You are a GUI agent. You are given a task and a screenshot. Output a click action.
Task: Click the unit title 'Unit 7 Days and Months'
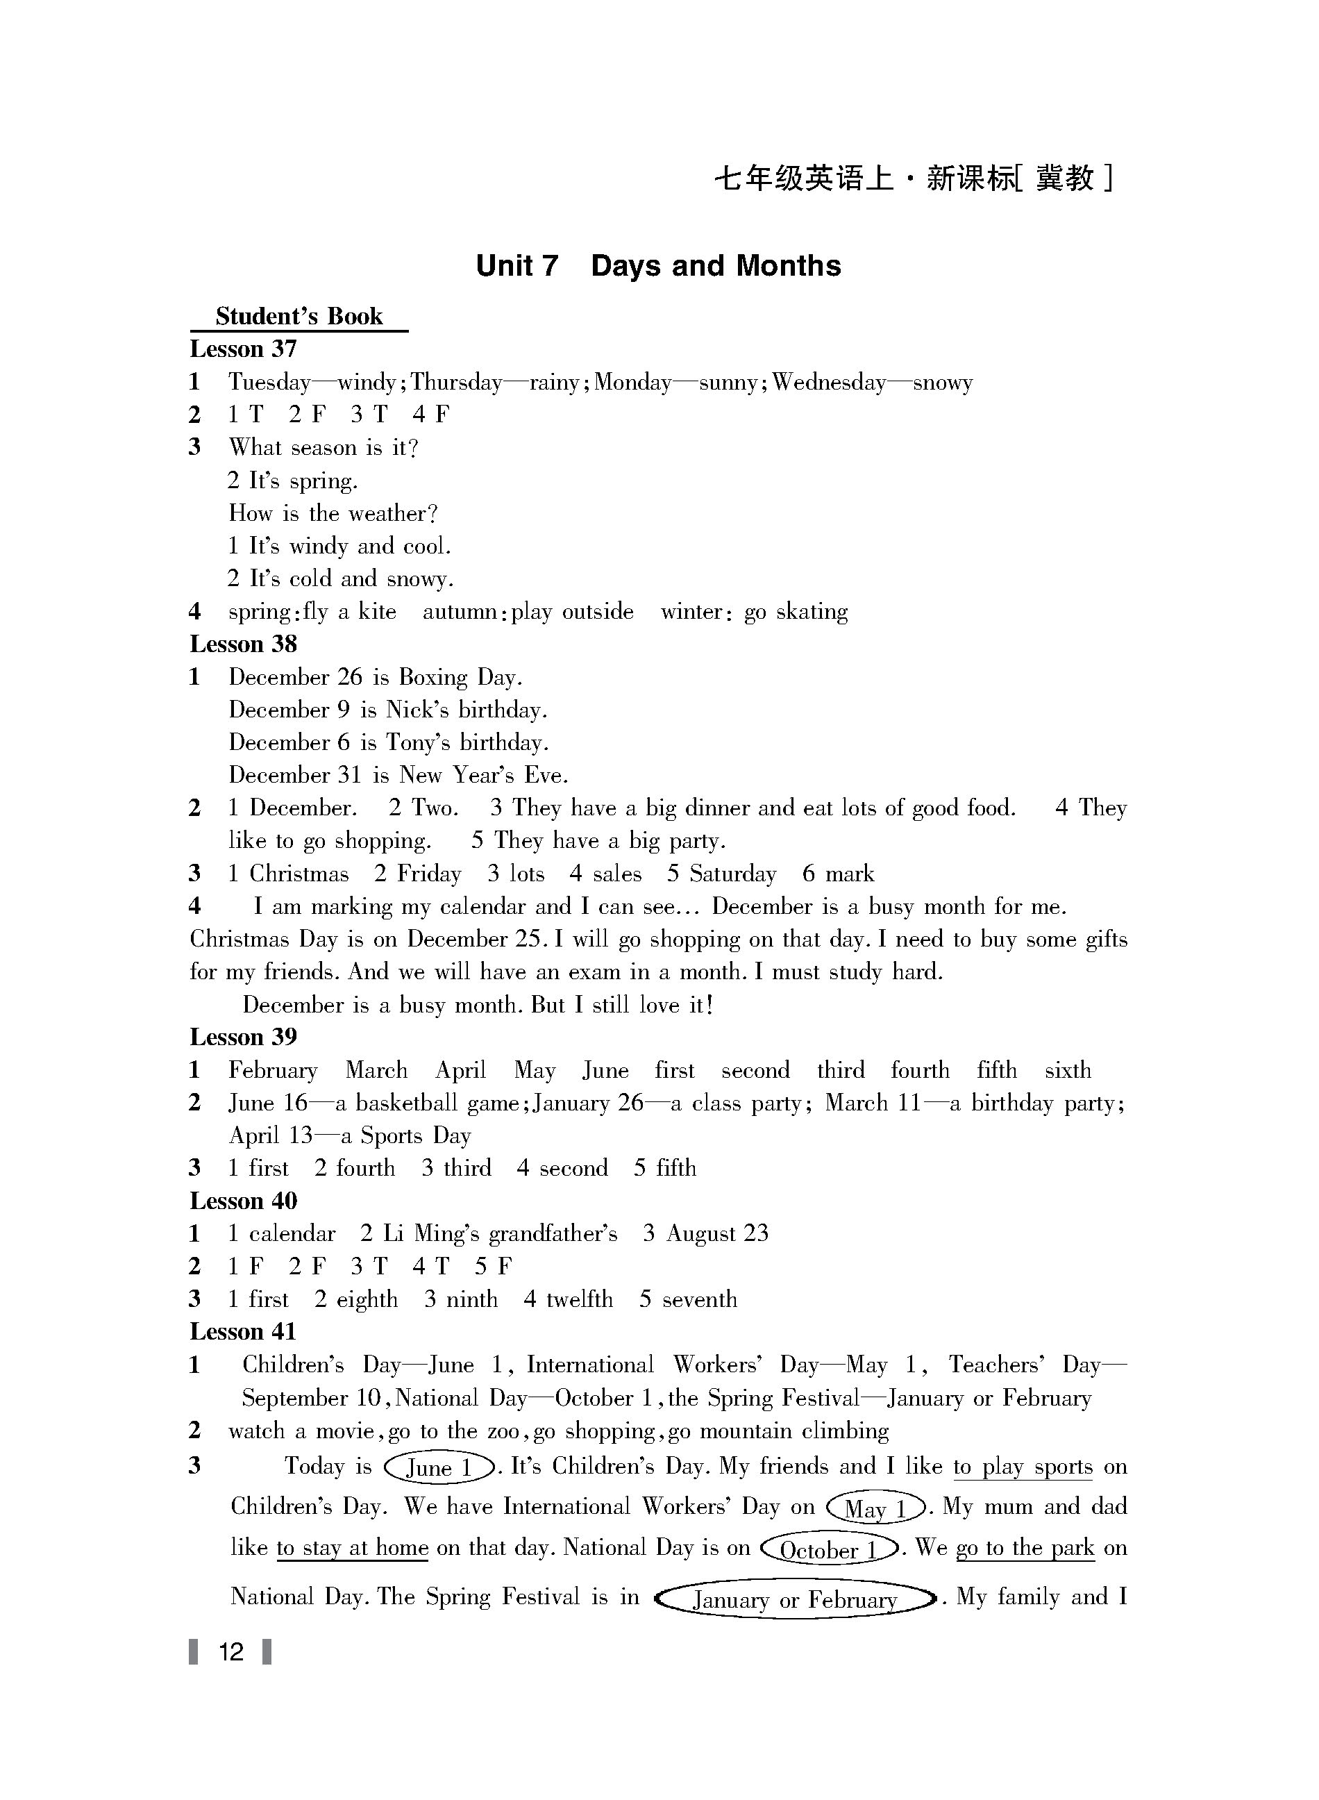pos(658,266)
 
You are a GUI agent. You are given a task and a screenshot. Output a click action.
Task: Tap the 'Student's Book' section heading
pos(299,316)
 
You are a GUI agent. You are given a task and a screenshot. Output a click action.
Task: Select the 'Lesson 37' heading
pos(243,349)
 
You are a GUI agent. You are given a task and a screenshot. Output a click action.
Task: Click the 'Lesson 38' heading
pos(243,644)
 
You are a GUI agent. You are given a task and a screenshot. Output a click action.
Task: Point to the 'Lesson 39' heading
pos(243,1037)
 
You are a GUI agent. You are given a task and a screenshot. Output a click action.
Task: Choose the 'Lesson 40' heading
pos(243,1200)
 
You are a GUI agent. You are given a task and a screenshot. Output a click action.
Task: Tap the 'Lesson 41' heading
pos(243,1331)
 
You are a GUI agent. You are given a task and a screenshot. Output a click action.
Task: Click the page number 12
pos(230,1651)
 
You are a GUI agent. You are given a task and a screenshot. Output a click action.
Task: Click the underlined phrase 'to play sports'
pos(1023,1467)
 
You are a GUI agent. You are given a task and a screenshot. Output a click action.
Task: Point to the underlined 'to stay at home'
pos(352,1548)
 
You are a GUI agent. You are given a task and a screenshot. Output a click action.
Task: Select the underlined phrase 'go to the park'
pos(1025,1548)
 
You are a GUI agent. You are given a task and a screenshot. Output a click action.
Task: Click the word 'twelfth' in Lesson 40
pos(579,1299)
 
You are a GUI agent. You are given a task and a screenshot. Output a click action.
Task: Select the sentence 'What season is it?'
pos(324,447)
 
